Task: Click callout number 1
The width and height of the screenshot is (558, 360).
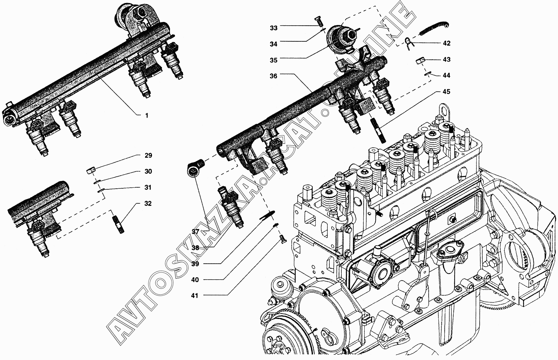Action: point(147,116)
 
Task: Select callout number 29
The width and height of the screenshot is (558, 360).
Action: point(148,155)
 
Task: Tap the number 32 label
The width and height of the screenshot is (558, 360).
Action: point(148,204)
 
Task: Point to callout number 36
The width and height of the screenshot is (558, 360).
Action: point(273,76)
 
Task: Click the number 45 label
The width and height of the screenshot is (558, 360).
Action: point(446,92)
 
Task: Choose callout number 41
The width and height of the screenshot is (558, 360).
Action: point(195,296)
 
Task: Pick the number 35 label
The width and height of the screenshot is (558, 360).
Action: point(273,60)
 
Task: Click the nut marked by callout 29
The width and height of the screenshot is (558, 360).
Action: point(90,171)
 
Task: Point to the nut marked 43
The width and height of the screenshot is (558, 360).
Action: point(420,60)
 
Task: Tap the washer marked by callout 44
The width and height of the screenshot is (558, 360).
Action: point(427,73)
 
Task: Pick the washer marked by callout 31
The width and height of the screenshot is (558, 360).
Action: point(101,191)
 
